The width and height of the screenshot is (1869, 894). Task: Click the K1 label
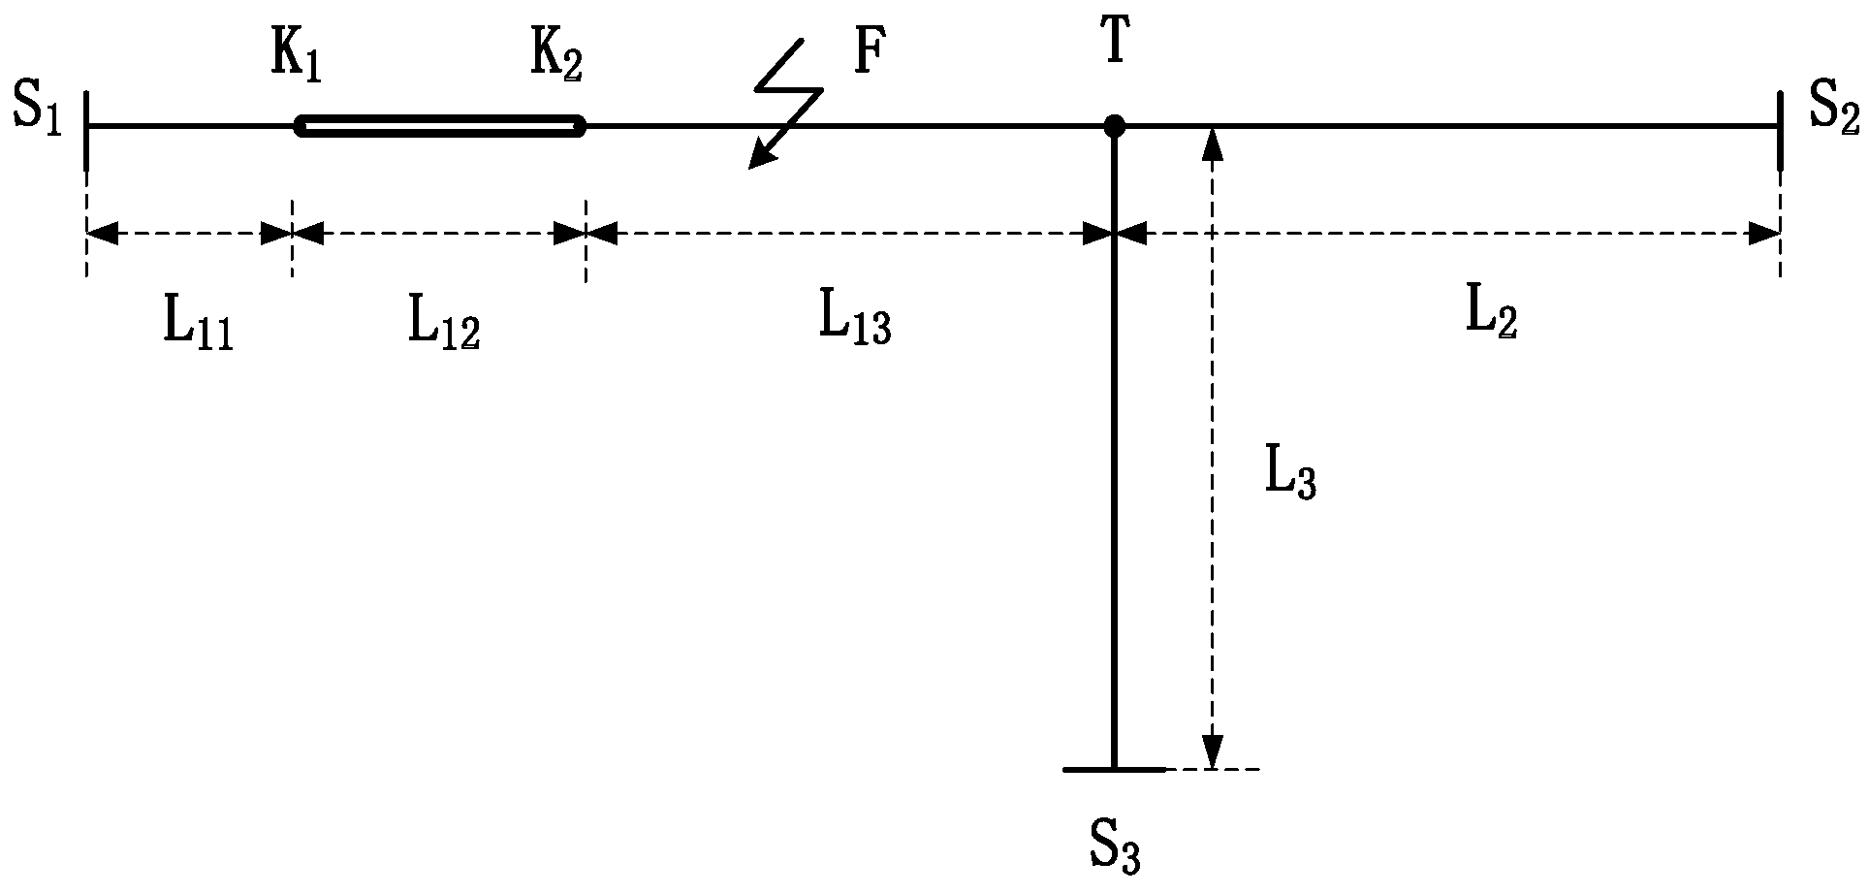coord(296,61)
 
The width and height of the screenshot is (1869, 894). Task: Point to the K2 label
coord(556,60)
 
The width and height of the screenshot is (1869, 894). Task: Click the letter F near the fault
coord(869,55)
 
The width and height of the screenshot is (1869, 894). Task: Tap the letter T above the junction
coord(1115,45)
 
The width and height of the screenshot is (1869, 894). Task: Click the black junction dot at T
coord(1114,126)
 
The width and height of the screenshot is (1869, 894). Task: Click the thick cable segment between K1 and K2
coord(441,126)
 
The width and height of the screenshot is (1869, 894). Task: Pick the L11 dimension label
coord(198,328)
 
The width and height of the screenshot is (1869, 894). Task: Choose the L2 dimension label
coord(1490,316)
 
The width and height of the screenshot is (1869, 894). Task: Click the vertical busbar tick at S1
coord(87,131)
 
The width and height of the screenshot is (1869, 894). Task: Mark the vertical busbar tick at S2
coord(1780,131)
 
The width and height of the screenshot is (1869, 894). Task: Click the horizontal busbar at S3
coord(1114,769)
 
